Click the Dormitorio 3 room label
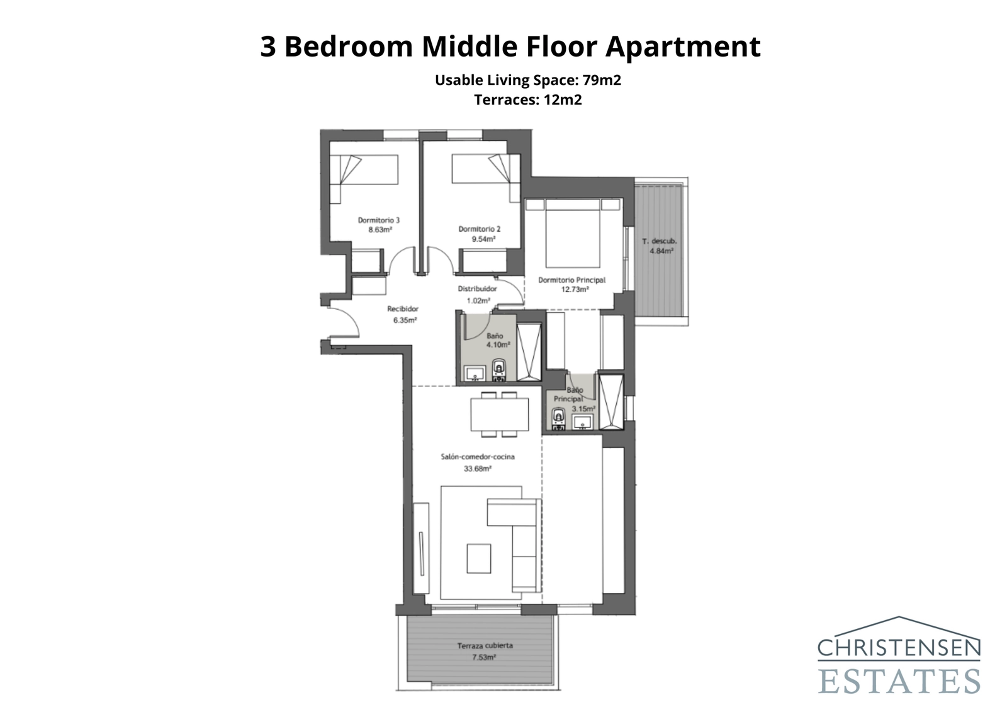[x=378, y=220]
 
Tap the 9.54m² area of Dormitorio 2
[x=483, y=239]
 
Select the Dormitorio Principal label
[x=571, y=280]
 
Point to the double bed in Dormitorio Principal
[x=571, y=238]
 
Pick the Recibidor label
[x=403, y=309]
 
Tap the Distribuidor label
[x=477, y=289]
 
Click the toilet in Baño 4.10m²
[x=499, y=370]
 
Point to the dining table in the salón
[x=500, y=414]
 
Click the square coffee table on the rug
[x=478, y=558]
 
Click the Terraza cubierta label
[x=485, y=646]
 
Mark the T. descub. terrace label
[x=660, y=241]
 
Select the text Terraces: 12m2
[x=527, y=99]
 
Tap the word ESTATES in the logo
[x=899, y=682]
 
